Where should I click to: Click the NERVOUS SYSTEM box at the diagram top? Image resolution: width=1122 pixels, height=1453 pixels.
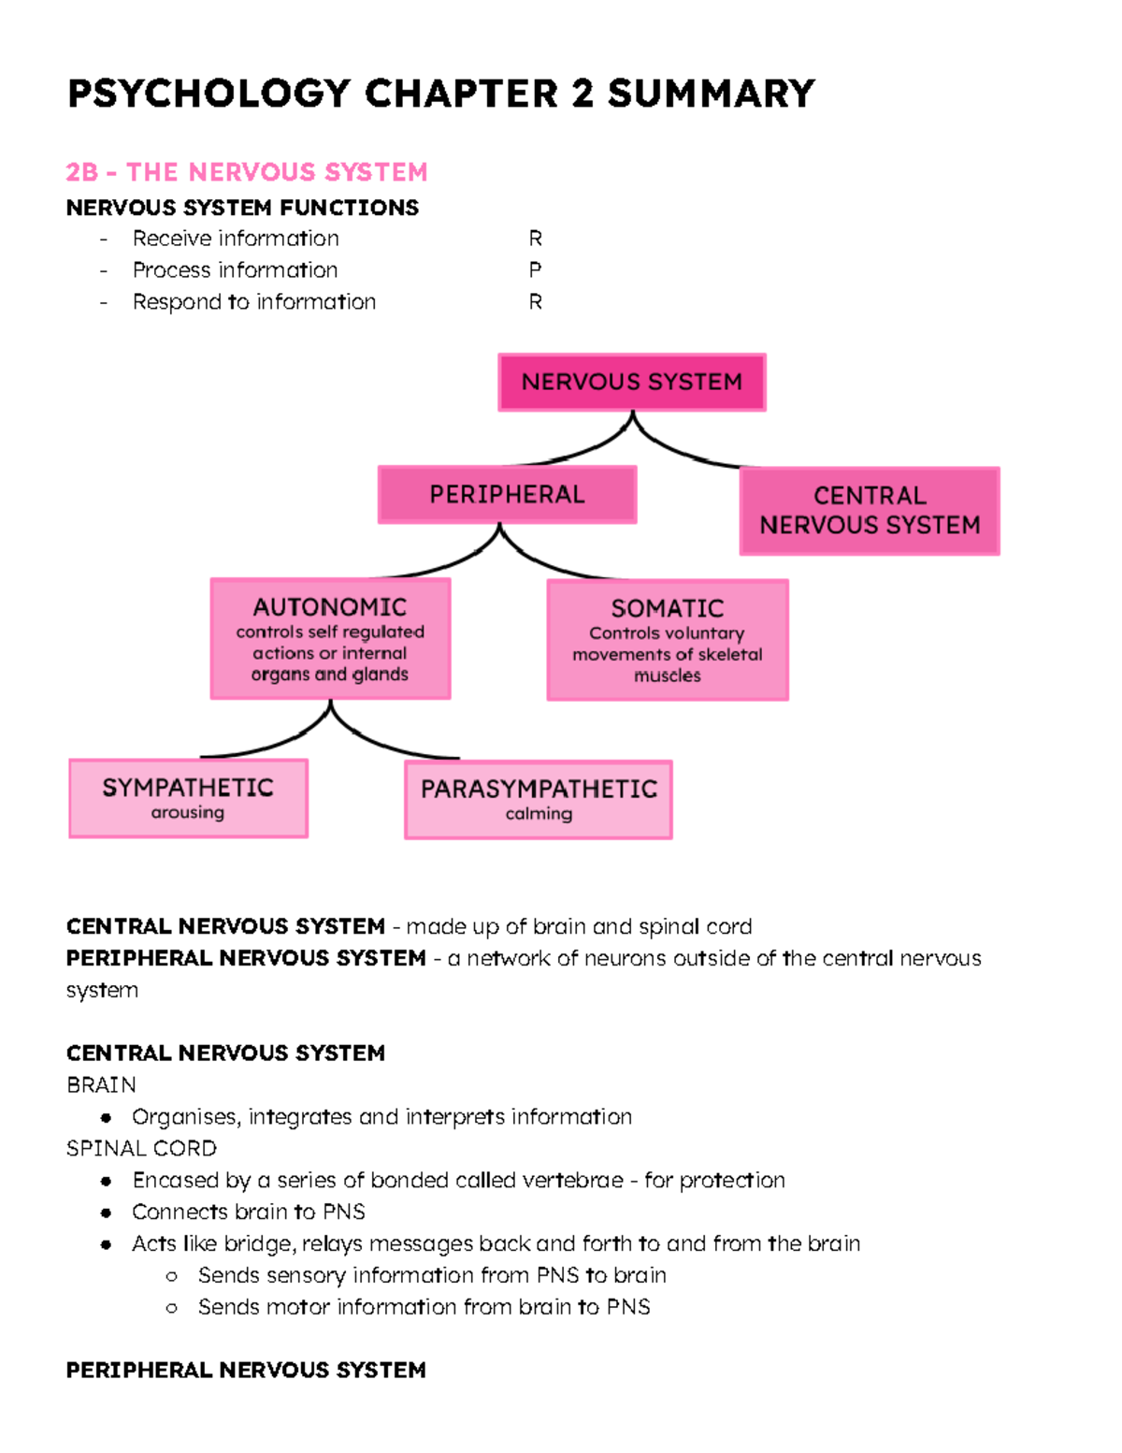pos(632,382)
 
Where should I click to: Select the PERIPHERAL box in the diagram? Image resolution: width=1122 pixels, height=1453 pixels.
pos(507,494)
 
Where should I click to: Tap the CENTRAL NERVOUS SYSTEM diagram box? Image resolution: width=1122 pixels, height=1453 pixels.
pos(870,511)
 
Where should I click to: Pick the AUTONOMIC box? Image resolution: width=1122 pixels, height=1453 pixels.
pos(330,639)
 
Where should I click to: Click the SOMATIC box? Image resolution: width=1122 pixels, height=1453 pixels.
pos(668,640)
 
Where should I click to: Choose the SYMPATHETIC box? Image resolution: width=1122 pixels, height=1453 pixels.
pos(188,798)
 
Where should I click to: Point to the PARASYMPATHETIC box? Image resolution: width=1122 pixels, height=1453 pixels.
pos(539,800)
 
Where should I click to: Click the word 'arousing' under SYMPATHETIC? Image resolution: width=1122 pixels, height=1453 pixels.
pos(188,813)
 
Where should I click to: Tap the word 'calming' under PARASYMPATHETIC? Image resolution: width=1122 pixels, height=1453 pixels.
pos(539,814)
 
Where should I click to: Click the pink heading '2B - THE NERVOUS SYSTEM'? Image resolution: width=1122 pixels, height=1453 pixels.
pos(247,172)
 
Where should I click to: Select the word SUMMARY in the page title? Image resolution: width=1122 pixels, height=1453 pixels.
pos(711,94)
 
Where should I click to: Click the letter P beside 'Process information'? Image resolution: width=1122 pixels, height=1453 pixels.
pos(535,270)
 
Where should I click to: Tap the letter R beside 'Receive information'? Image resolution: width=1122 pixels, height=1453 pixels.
pos(535,239)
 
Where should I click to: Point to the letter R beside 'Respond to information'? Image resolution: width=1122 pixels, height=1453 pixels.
pos(535,302)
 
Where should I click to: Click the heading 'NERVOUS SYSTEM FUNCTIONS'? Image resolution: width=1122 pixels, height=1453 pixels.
pos(242,208)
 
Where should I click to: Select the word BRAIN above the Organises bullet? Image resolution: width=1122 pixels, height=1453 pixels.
pos(101,1085)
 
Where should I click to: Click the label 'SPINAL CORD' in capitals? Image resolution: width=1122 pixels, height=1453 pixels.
pos(141,1149)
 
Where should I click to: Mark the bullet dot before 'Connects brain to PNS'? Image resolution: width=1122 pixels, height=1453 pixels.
pos(107,1213)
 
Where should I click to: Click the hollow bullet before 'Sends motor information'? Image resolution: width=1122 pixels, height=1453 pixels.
pos(171,1308)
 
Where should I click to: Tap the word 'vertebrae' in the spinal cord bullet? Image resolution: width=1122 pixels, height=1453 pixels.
pos(572,1181)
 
